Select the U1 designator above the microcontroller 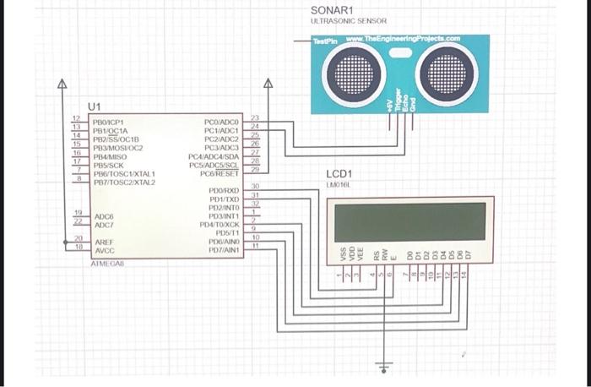click(94, 106)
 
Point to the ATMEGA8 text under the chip click(106, 264)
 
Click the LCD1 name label click(338, 173)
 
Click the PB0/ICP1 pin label click(109, 123)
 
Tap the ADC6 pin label click(105, 216)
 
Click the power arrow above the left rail click(61, 84)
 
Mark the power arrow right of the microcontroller click(268, 84)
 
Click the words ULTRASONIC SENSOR click(348, 20)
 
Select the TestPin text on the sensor click(324, 41)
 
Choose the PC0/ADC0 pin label click(222, 123)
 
